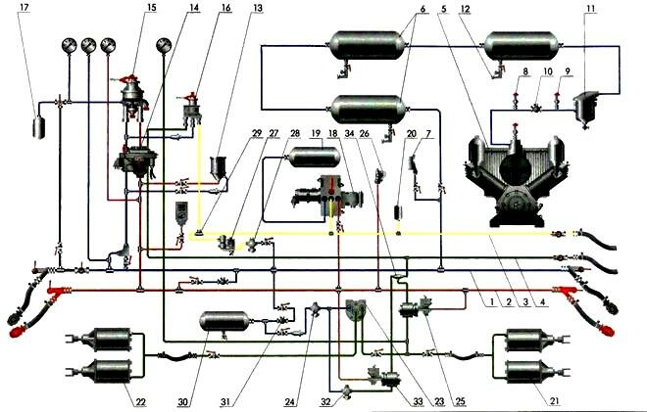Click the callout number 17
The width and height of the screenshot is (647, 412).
click(38, 9)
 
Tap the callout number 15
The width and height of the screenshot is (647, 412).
click(151, 8)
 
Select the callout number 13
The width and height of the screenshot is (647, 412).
click(230, 8)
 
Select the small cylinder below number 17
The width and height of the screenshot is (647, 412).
click(40, 126)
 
